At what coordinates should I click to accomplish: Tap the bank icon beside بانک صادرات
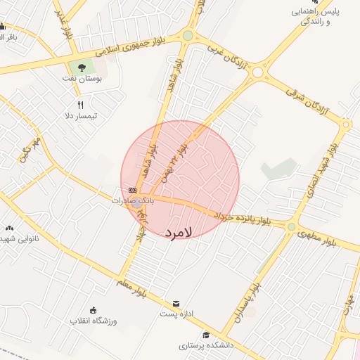[x=132, y=190]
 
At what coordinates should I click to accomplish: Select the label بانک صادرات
[x=131, y=200]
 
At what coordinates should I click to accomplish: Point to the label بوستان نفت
[x=89, y=79]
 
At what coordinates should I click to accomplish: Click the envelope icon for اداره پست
[x=176, y=303]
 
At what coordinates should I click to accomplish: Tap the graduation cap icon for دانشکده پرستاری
[x=206, y=335]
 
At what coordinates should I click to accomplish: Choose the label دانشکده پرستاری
[x=201, y=346]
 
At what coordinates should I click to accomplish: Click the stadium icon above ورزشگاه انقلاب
[x=94, y=310]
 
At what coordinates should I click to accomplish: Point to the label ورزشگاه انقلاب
[x=93, y=321]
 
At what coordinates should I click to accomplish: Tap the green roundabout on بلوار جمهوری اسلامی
[x=188, y=36]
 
